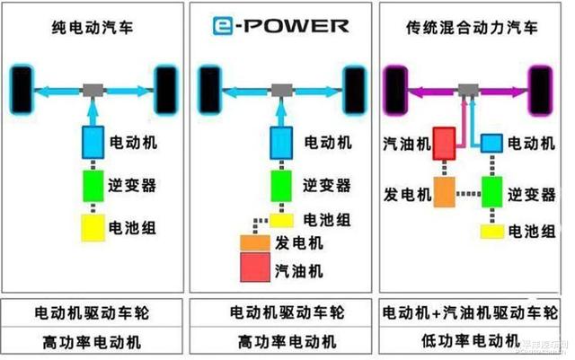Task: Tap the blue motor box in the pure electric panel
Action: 93,141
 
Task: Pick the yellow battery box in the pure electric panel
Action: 93,228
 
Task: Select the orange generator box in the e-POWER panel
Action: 253,243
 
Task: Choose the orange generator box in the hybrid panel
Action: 446,191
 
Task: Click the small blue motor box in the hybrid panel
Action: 491,143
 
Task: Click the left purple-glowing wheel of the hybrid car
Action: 396,88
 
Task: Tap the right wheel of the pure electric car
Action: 164,88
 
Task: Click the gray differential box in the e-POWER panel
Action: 281,91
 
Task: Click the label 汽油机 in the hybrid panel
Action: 404,143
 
